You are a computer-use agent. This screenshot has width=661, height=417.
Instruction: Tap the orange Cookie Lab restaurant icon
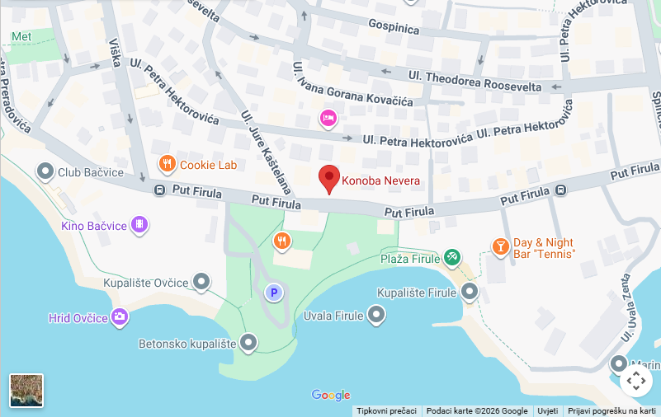coord(168,164)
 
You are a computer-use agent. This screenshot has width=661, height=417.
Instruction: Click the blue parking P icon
coord(273,292)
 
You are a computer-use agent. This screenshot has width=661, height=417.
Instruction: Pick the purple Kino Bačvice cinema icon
coord(139,224)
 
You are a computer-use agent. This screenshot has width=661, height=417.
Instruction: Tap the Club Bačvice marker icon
coord(45,171)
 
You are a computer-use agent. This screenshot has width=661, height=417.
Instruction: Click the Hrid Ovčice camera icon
coord(120,316)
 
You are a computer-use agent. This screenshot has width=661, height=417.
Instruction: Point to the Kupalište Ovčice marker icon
coord(201,282)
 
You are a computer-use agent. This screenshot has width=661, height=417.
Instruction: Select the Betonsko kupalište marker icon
coord(248,342)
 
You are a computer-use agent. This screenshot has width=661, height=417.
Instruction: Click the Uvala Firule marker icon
coord(376,314)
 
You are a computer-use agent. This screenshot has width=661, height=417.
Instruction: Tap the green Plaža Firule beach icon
coord(451,257)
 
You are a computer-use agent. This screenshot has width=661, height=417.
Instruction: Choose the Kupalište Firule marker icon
coord(470,291)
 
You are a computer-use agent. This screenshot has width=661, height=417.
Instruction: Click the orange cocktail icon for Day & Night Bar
coord(500,246)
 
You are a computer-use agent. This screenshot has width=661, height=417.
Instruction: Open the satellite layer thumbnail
coord(26,391)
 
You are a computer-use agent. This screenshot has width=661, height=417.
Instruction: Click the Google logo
coord(331,396)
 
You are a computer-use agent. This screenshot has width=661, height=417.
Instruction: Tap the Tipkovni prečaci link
coord(387,410)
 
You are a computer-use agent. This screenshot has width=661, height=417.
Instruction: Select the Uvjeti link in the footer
coord(547,410)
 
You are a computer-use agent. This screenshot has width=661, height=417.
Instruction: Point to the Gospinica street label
coord(394,27)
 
